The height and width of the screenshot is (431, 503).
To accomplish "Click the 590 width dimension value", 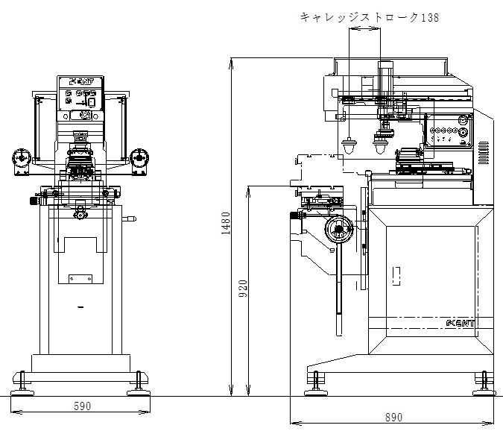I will click(82, 406).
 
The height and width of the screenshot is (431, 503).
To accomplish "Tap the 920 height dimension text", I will click(243, 289).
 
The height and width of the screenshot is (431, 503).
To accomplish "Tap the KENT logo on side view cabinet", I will click(460, 323).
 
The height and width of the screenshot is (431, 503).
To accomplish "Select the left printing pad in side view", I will click(347, 147).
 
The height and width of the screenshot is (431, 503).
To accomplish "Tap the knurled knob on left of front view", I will click(34, 200).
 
